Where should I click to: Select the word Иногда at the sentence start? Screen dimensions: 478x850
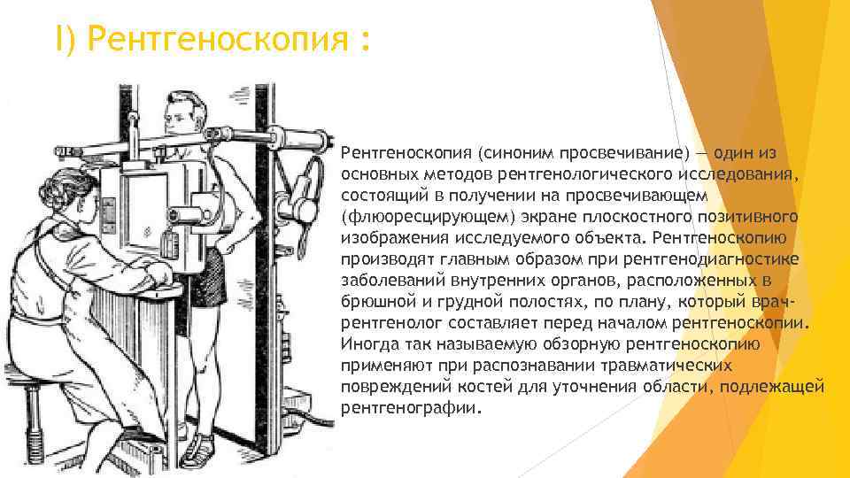[368, 344]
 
